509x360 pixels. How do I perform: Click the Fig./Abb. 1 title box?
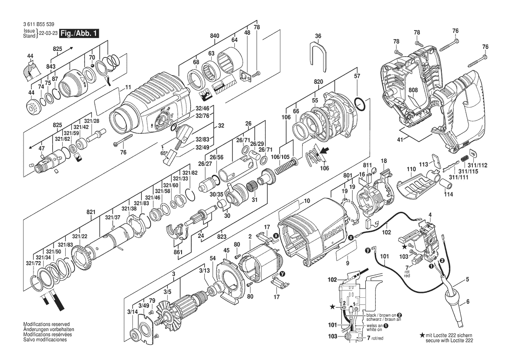point(79,34)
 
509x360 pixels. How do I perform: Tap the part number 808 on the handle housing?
point(413,90)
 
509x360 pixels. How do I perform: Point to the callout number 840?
point(215,36)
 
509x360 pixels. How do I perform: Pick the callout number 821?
point(91,212)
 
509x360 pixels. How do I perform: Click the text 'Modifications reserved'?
point(47,324)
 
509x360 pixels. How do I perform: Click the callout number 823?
point(222,237)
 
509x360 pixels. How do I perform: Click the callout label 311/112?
point(478,165)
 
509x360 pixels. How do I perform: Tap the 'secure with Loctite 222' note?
point(449,340)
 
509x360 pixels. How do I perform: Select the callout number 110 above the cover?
point(411,169)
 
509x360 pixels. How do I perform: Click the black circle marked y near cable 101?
point(368,251)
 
